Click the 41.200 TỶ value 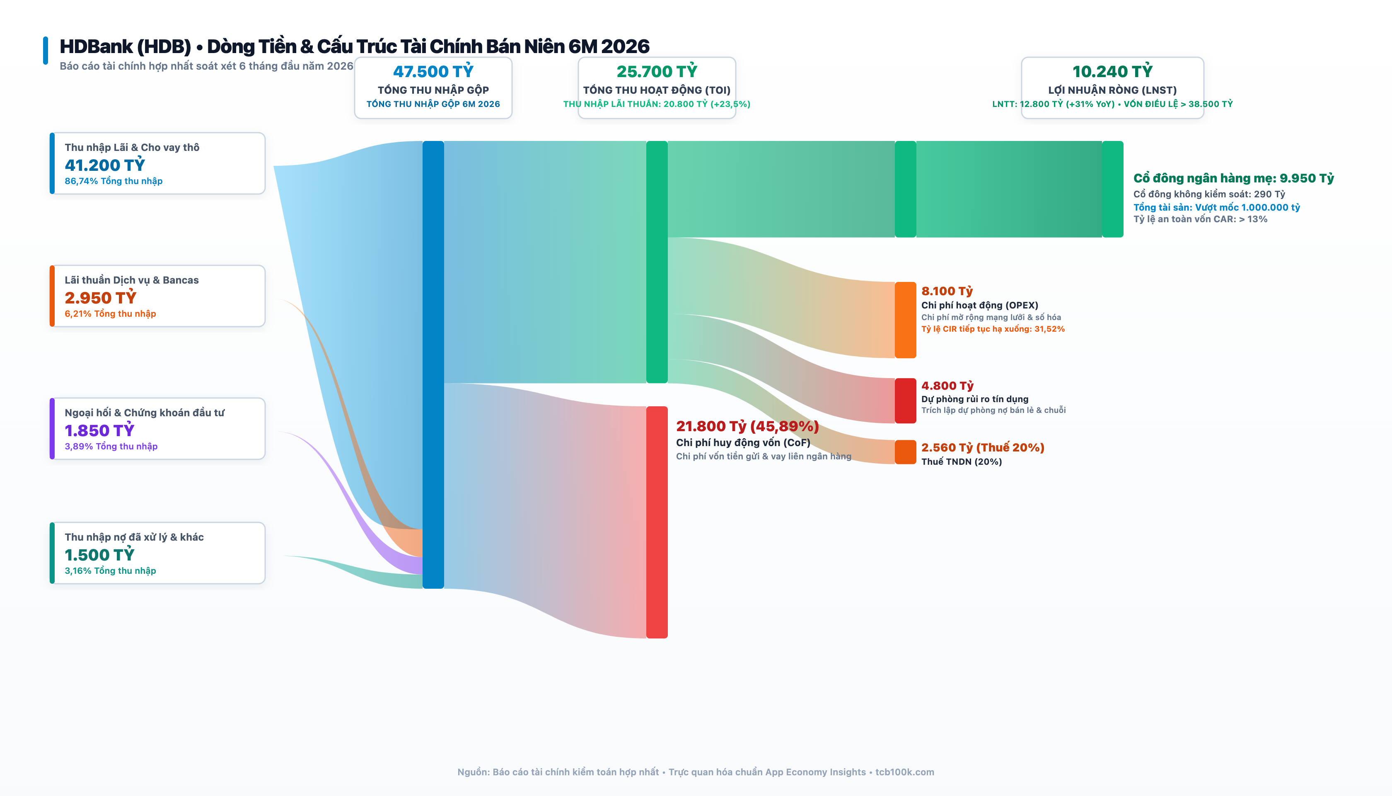coord(105,165)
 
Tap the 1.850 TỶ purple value coord(99,430)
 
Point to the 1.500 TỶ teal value coord(99,554)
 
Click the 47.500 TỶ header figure coord(433,71)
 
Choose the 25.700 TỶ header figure coord(657,71)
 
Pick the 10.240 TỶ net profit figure coord(1112,71)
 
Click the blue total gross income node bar coord(433,365)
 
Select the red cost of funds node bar coord(657,522)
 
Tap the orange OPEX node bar coord(905,320)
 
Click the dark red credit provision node coord(905,401)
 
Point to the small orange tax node coord(905,452)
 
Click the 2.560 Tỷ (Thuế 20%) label coord(983,447)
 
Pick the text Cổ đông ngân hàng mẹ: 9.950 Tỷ coord(1234,178)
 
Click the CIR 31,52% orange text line coord(993,329)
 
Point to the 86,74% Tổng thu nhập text coord(114,181)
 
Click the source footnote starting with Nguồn coord(696,772)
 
